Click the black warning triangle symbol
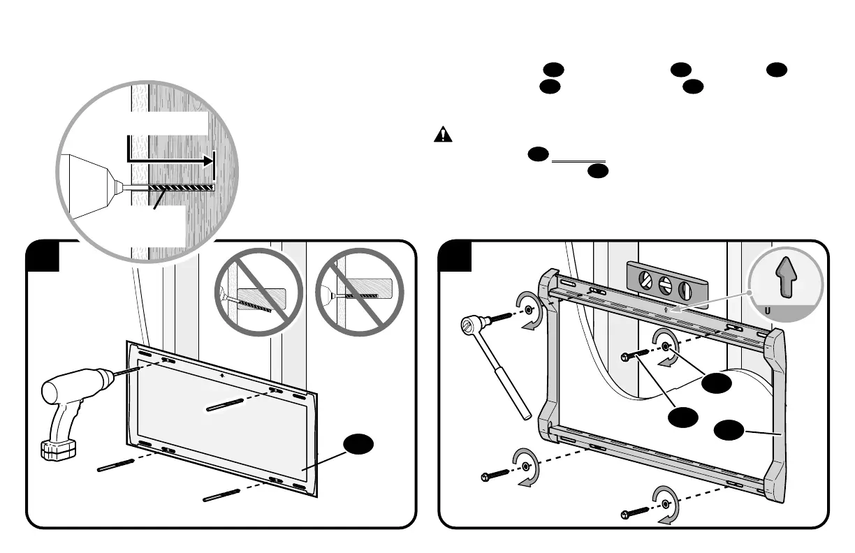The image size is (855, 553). tap(442, 135)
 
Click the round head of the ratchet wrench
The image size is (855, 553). tap(471, 325)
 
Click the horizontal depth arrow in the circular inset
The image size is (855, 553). tap(171, 160)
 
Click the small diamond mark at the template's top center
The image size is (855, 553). tap(221, 375)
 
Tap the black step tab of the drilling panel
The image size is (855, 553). tap(42, 255)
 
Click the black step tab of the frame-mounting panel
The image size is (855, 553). tap(454, 255)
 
